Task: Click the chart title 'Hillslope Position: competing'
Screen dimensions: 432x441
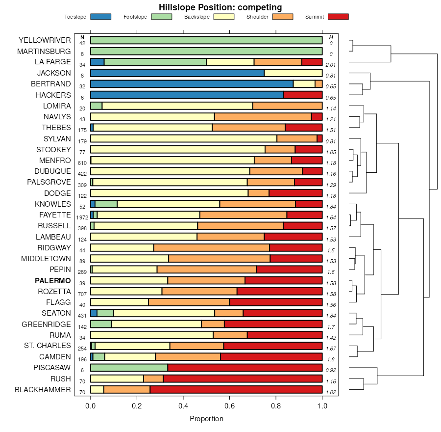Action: pyautogui.click(x=220, y=7)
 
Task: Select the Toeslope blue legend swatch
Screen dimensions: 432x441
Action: pyautogui.click(x=100, y=17)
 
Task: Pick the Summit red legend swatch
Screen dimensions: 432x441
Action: pyautogui.click(x=338, y=17)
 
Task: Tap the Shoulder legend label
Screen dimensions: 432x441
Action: pyautogui.click(x=257, y=17)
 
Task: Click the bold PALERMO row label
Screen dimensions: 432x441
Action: pyautogui.click(x=53, y=281)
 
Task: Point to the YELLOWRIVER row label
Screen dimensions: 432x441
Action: pyautogui.click(x=45, y=40)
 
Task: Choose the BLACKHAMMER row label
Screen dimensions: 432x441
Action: pyautogui.click(x=43, y=390)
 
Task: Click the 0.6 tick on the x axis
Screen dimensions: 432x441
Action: pyautogui.click(x=276, y=406)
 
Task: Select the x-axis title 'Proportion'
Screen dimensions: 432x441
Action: pyautogui.click(x=206, y=419)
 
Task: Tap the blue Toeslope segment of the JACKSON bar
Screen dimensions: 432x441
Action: pyautogui.click(x=177, y=73)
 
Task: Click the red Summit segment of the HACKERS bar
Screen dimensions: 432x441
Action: pyautogui.click(x=303, y=95)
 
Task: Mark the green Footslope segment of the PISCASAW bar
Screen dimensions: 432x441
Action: pyautogui.click(x=129, y=367)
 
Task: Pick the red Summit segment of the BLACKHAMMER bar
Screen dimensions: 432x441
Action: pyautogui.click(x=236, y=389)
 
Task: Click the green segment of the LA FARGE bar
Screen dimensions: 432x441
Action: pyautogui.click(x=155, y=62)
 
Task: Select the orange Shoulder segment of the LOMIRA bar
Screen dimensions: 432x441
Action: pyautogui.click(x=287, y=106)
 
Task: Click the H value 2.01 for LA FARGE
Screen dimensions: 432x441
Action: pyautogui.click(x=331, y=65)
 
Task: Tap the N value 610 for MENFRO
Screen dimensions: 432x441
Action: pyautogui.click(x=82, y=163)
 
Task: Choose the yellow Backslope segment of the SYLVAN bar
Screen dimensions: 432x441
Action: pyautogui.click(x=184, y=138)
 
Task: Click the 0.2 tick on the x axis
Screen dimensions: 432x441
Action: pyautogui.click(x=137, y=406)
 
